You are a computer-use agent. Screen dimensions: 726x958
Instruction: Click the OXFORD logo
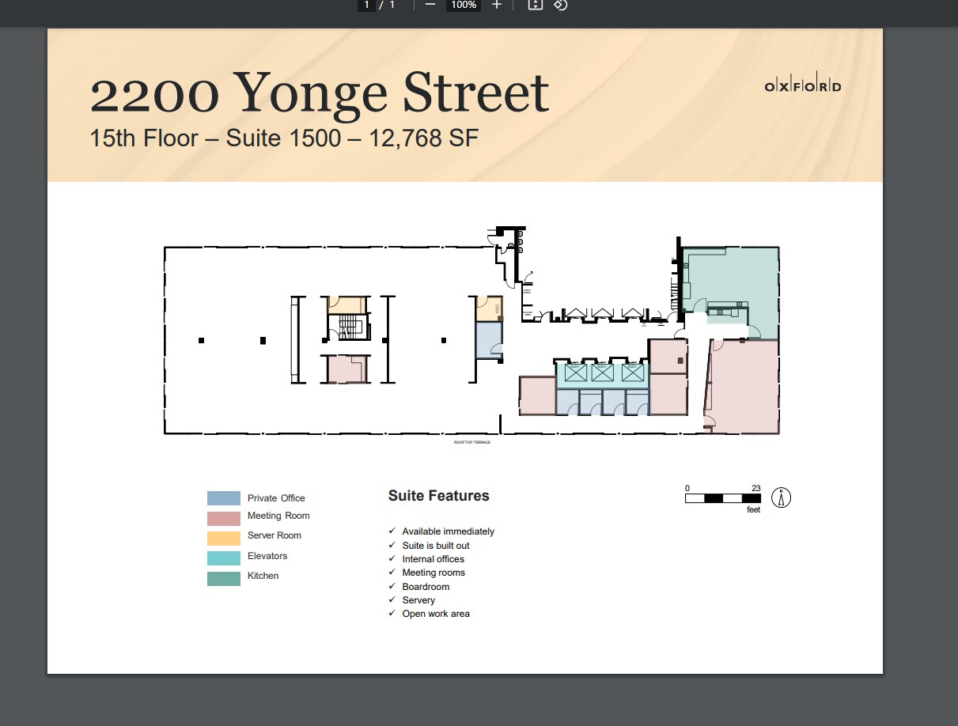[x=802, y=87]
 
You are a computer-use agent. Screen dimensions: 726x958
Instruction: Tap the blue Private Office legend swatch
[x=224, y=498]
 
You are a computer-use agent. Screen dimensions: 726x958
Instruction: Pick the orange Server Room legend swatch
[x=224, y=538]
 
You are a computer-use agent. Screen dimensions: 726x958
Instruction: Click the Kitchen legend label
[x=263, y=576]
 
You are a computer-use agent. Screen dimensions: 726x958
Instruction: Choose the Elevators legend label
[x=267, y=556]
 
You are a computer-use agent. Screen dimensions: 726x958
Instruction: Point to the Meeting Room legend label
[x=278, y=516]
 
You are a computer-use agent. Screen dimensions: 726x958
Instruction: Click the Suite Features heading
[x=438, y=496]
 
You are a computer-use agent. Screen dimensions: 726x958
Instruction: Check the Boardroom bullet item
[x=426, y=587]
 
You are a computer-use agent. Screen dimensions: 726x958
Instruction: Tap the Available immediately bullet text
[x=448, y=531]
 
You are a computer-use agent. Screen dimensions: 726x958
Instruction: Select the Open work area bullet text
[x=435, y=614]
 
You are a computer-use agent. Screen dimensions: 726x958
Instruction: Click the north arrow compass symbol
[x=781, y=497]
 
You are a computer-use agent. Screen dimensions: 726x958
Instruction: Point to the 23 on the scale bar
[x=755, y=488]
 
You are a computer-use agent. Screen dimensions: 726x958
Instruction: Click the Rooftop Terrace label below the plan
[x=471, y=442]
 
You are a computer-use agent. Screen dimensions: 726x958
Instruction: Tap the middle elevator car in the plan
[x=601, y=372]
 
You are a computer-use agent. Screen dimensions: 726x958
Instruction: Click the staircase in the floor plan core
[x=347, y=327]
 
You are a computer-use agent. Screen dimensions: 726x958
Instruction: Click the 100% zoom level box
[x=463, y=5]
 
